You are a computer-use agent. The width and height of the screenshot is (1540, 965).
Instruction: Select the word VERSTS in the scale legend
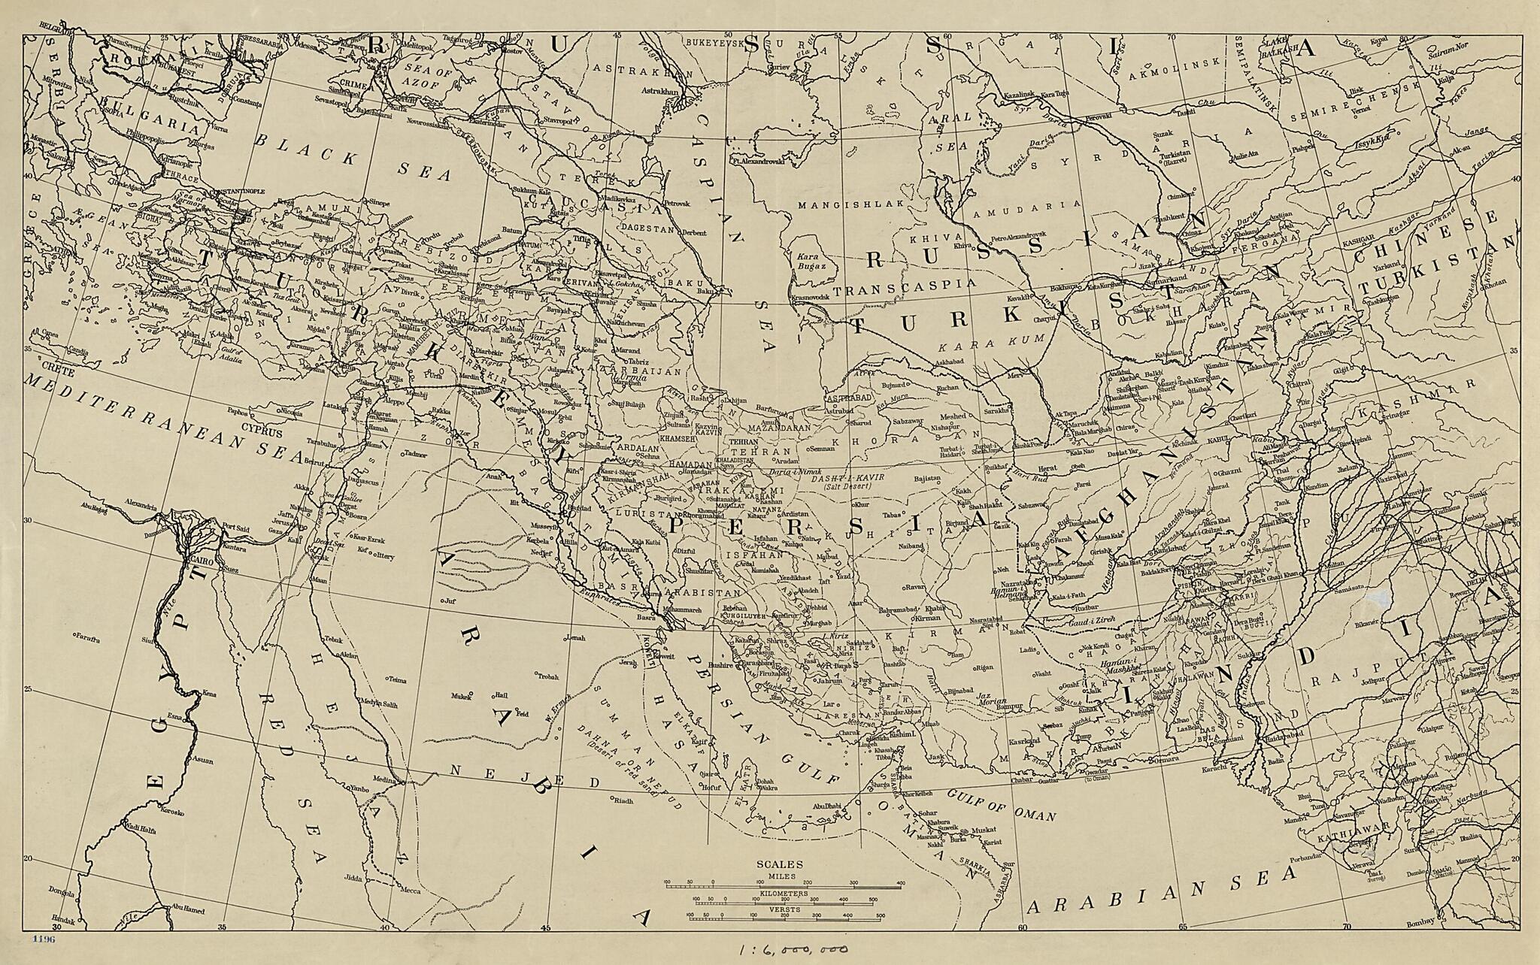[784, 909]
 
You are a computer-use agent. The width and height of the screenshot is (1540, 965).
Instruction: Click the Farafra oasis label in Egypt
[88, 637]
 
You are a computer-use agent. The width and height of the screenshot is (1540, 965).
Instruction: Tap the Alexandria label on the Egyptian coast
[142, 501]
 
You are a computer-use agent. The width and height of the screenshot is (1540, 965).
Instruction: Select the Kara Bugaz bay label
[811, 262]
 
